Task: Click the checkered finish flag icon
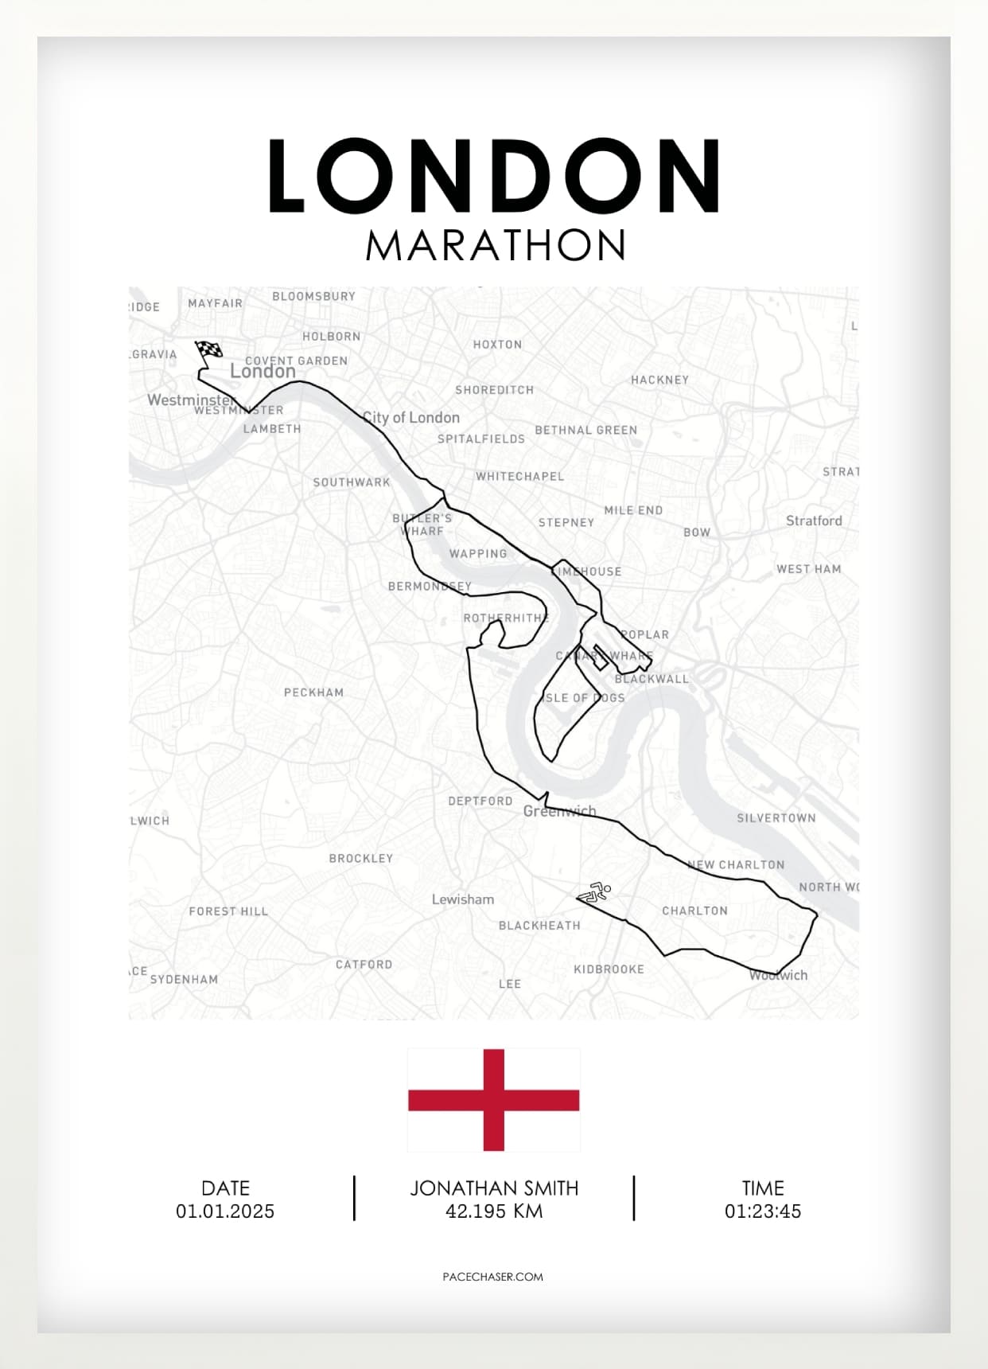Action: pyautogui.click(x=209, y=350)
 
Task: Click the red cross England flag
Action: pyautogui.click(x=493, y=1100)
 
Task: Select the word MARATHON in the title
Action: pyautogui.click(x=496, y=245)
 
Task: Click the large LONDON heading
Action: pyautogui.click(x=493, y=177)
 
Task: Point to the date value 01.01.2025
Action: pyautogui.click(x=225, y=1211)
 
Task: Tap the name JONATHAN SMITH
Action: pyautogui.click(x=494, y=1188)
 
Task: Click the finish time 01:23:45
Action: pyautogui.click(x=762, y=1211)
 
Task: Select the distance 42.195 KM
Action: pyautogui.click(x=494, y=1211)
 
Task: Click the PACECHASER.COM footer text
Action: pyautogui.click(x=493, y=1277)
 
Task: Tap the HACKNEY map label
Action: pyautogui.click(x=659, y=380)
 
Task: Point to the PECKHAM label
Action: pyautogui.click(x=314, y=692)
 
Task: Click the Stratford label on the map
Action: pyautogui.click(x=814, y=521)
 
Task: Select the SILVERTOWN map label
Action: pyautogui.click(x=776, y=817)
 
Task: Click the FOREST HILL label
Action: pyautogui.click(x=228, y=911)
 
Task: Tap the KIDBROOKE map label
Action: pyautogui.click(x=609, y=969)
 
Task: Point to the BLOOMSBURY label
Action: pyautogui.click(x=314, y=296)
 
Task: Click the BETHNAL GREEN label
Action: pyautogui.click(x=586, y=430)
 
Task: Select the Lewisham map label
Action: pyautogui.click(x=463, y=899)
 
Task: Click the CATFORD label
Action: pyautogui.click(x=364, y=964)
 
